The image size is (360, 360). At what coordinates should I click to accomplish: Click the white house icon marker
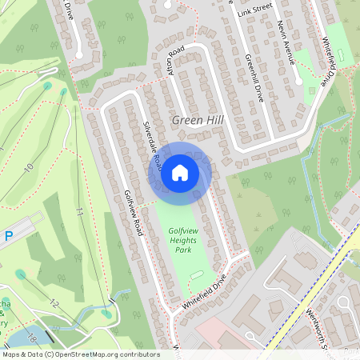pyautogui.click(x=180, y=173)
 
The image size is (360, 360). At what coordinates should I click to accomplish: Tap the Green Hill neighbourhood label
pyautogui.click(x=198, y=120)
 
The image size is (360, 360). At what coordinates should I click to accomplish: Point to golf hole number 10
pyautogui.click(x=29, y=166)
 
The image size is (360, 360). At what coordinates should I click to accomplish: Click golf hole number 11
pyautogui.click(x=79, y=213)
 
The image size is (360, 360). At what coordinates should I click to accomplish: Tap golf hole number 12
pyautogui.click(x=54, y=303)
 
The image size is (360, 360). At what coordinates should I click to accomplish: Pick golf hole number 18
pyautogui.click(x=33, y=338)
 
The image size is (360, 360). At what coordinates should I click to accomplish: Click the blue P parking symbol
pyautogui.click(x=9, y=236)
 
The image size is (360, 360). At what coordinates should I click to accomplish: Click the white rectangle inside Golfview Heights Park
pyautogui.click(x=198, y=277)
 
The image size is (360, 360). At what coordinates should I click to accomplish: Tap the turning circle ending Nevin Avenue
pyautogui.click(x=298, y=81)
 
